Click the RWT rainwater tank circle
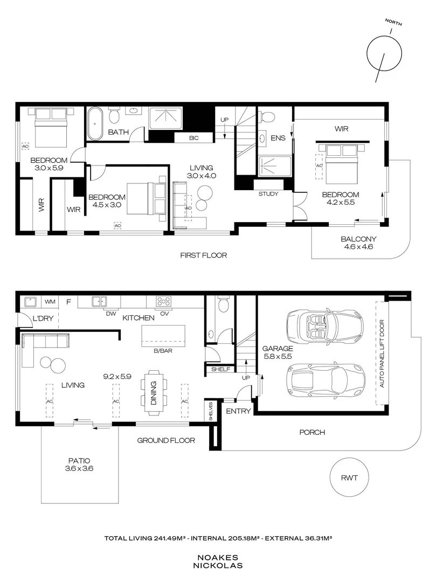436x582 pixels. [349, 477]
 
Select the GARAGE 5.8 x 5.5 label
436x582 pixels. [278, 352]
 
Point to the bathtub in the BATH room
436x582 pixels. [95, 123]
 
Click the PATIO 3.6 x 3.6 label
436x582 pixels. [79, 465]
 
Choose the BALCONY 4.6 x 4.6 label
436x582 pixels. [358, 242]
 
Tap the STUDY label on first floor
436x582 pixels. [268, 194]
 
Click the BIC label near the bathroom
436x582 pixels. [193, 138]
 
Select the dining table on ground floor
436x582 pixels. [154, 393]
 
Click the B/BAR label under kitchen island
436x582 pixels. [163, 350]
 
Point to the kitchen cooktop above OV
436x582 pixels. [164, 301]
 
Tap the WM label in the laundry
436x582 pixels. [50, 302]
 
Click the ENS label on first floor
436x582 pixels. [278, 138]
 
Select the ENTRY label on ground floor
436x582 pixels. [238, 411]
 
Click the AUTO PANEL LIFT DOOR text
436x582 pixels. [382, 354]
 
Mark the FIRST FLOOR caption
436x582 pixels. [203, 255]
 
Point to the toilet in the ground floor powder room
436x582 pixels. [224, 304]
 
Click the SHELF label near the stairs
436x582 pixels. [220, 369]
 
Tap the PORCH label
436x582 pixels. [312, 432]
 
